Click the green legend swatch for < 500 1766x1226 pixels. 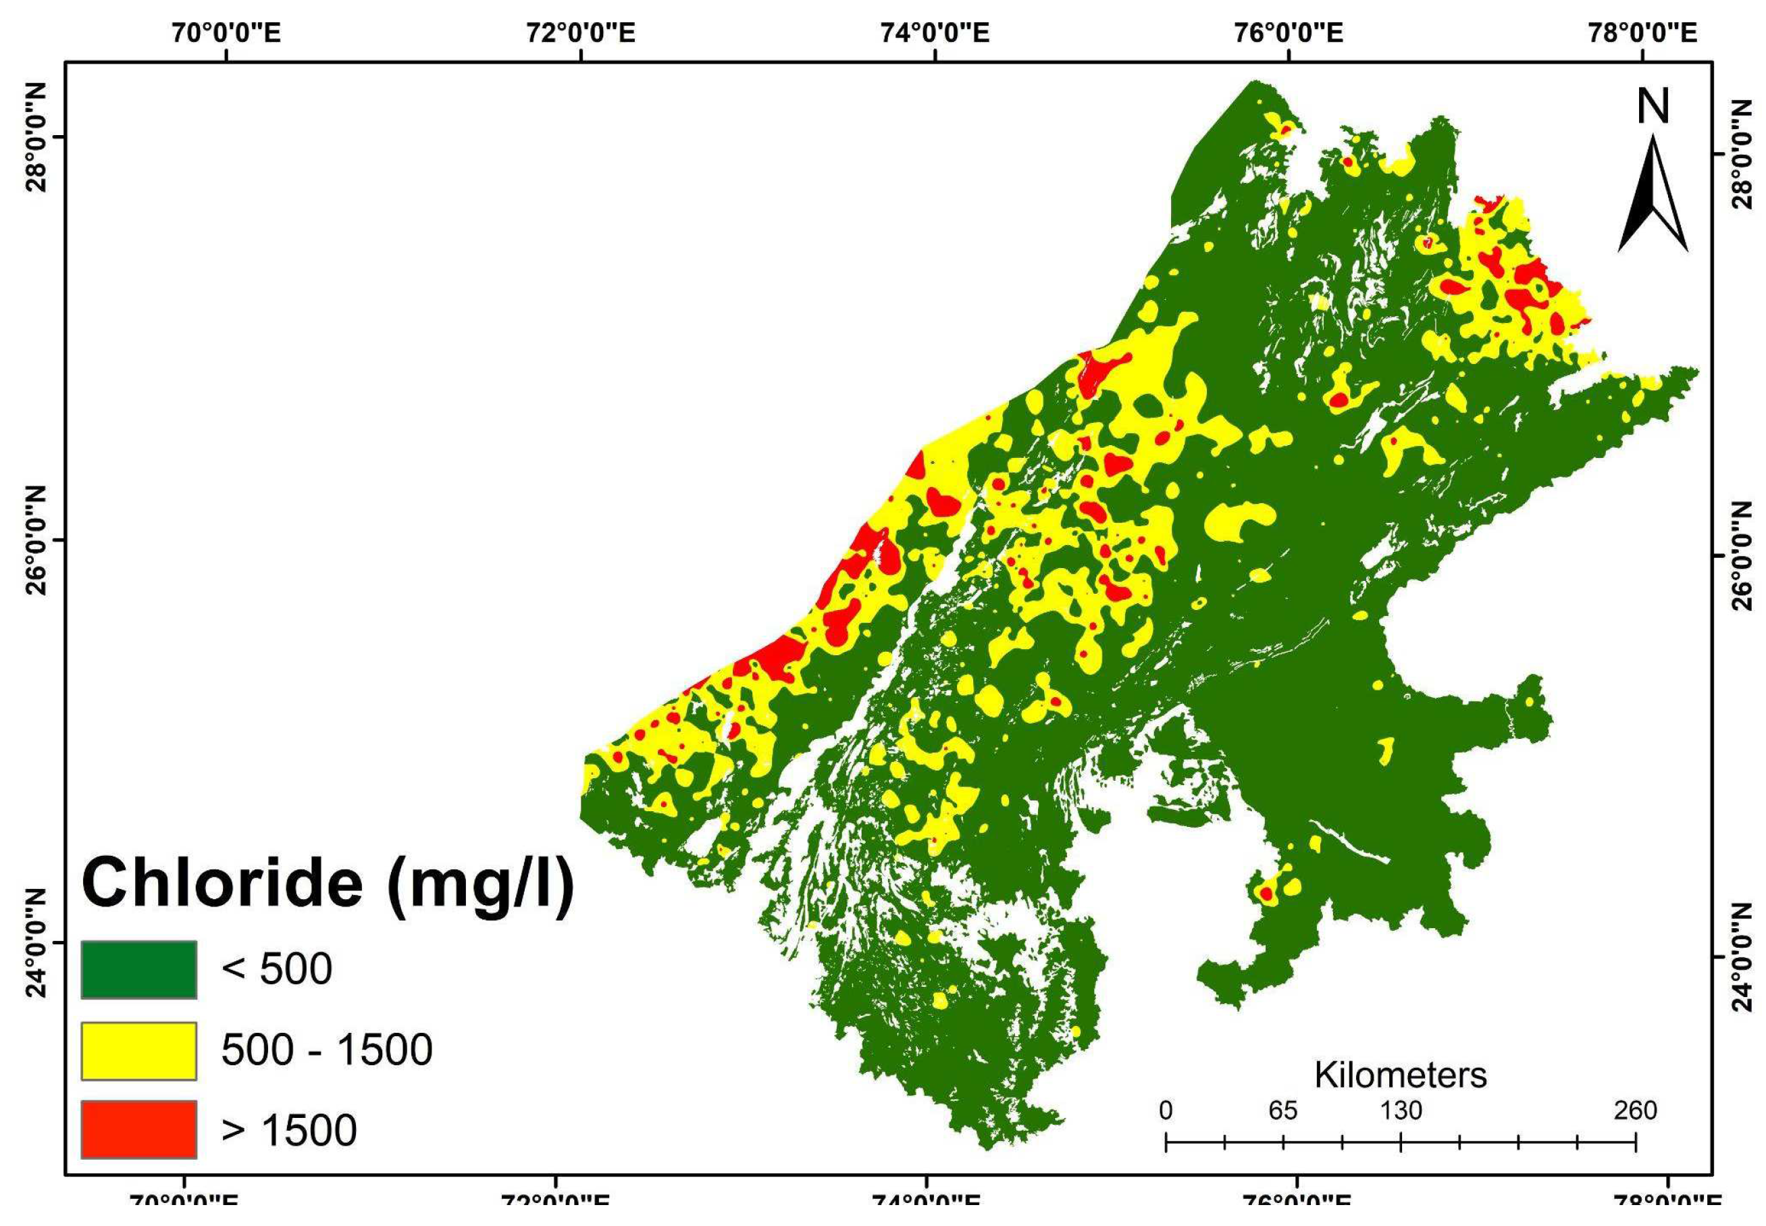point(139,969)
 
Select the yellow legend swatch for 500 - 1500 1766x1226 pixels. point(139,1050)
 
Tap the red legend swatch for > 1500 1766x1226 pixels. point(139,1129)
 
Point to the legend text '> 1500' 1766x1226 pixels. point(288,1129)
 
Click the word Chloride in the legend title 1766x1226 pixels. point(223,884)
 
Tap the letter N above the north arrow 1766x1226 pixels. point(1653,107)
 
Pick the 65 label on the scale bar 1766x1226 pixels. point(1283,1110)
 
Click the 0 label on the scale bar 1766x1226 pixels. point(1166,1110)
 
